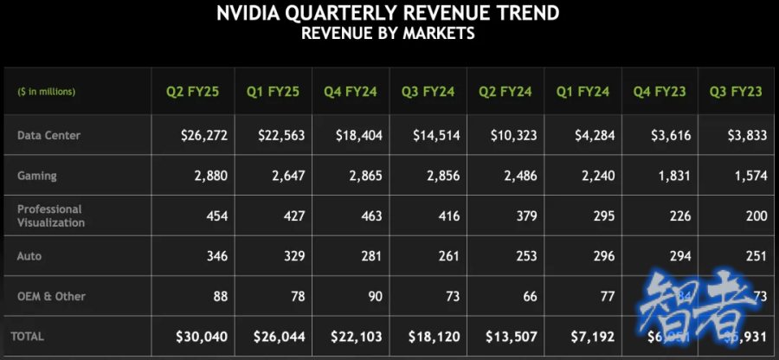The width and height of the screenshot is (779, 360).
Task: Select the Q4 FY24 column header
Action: point(351,91)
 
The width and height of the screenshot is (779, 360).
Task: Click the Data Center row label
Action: point(49,135)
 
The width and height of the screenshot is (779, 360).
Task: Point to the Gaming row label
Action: point(37,176)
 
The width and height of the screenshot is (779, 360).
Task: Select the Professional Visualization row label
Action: point(51,215)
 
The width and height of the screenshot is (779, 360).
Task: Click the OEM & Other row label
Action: point(51,296)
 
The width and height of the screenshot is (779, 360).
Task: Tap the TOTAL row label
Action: point(27,336)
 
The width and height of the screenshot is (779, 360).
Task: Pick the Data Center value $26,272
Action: point(203,135)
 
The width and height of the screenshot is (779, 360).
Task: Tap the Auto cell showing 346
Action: point(216,256)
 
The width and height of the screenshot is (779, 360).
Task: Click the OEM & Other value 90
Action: point(373,296)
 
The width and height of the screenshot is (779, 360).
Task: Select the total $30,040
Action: point(203,336)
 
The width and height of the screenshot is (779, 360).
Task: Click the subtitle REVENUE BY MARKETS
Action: point(388,34)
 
